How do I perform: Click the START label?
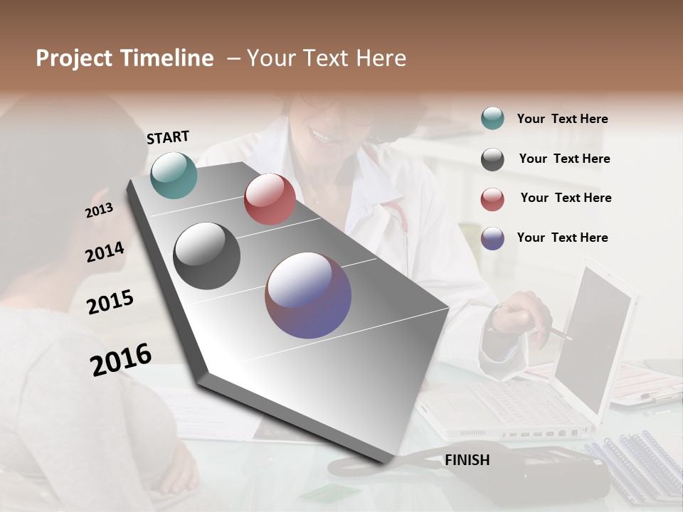click(x=168, y=137)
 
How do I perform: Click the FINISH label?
click(x=467, y=460)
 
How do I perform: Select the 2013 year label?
click(x=99, y=210)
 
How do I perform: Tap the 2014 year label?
click(x=105, y=252)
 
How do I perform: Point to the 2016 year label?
click(x=121, y=360)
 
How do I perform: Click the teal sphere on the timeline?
click(x=174, y=175)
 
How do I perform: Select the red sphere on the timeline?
click(x=270, y=199)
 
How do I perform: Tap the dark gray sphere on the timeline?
click(x=207, y=256)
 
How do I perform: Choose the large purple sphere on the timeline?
click(x=308, y=295)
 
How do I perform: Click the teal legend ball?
click(x=492, y=119)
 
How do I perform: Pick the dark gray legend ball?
click(x=492, y=159)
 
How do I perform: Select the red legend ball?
click(x=492, y=199)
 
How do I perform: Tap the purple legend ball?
click(x=492, y=238)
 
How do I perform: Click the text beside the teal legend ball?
click(x=562, y=119)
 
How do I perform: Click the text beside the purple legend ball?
click(x=562, y=238)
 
